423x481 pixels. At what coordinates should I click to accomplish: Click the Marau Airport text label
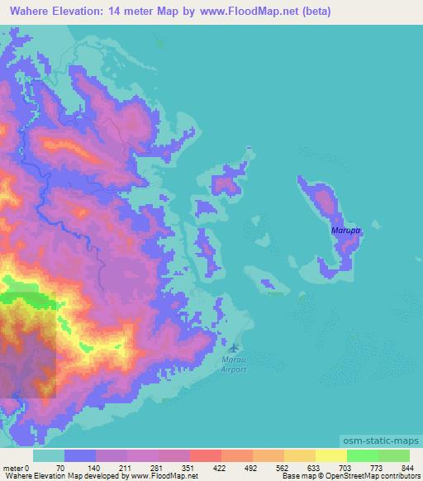(x=234, y=364)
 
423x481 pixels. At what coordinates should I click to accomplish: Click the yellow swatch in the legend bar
(x=330, y=455)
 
